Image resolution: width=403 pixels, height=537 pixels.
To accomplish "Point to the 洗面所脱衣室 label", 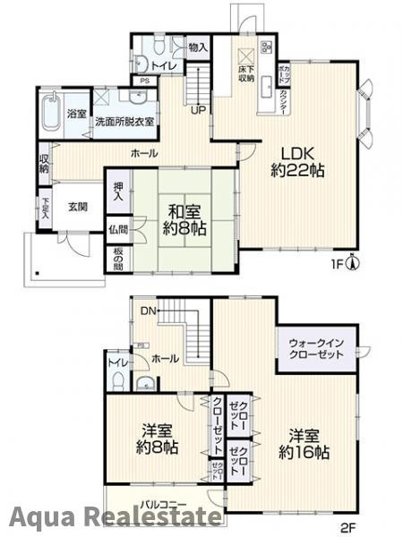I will [124, 121].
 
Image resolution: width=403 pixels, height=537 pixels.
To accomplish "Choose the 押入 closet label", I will [116, 192].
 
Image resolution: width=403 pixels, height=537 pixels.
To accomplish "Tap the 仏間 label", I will [116, 230].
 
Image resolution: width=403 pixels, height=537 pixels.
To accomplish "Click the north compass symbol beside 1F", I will [354, 263].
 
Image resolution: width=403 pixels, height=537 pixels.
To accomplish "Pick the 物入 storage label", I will [198, 47].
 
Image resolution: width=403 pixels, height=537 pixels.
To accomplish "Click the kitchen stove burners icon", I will [265, 46].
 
